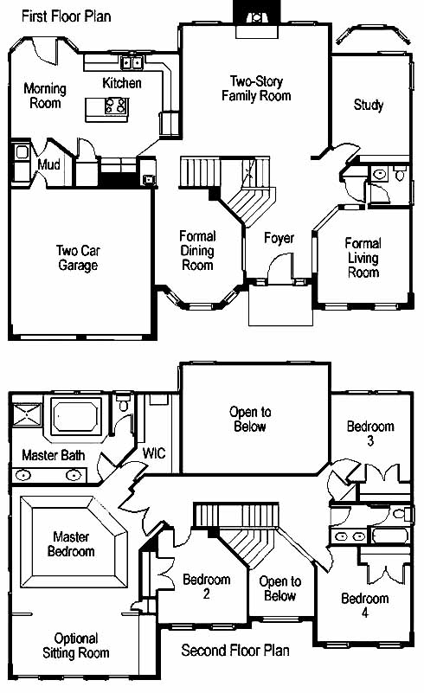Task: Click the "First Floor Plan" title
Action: coord(67,16)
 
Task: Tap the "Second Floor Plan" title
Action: coord(235,650)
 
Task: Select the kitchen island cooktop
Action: coord(116,106)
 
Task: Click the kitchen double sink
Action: coord(132,63)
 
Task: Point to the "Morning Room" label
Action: coord(45,96)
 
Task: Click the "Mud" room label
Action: coord(48,165)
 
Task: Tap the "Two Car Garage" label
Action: coord(78,258)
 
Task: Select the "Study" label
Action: coord(369,106)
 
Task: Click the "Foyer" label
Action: coord(279,238)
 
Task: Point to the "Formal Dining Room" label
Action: coord(197,250)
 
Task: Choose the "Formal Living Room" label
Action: coord(363,257)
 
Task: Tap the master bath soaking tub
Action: coord(75,416)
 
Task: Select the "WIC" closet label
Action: coord(154,453)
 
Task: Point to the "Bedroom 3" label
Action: coord(370,433)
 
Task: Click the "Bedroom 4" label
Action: coord(365,605)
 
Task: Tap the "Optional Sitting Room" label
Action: coord(76,645)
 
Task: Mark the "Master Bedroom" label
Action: coord(71,544)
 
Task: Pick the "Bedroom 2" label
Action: coord(207,586)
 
